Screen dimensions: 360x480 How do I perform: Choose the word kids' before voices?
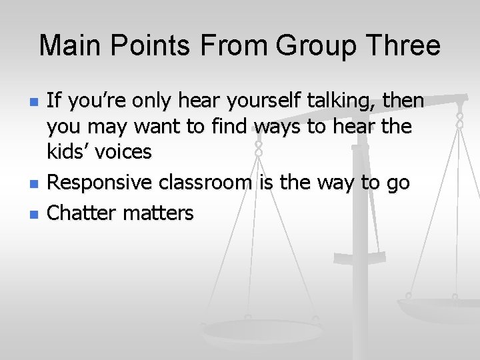[68, 152]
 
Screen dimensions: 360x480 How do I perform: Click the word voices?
[123, 152]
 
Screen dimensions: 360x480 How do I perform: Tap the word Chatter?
[81, 213]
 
